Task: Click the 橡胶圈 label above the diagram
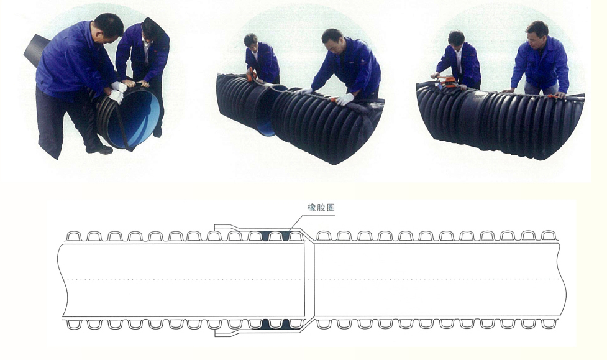tap(321, 208)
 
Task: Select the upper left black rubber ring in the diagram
tap(265, 236)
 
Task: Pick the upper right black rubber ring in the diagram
tap(286, 236)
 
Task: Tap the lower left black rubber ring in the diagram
tap(265, 323)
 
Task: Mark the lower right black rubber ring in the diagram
tap(286, 323)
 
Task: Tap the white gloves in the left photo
tap(117, 91)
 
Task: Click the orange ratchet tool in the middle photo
tap(252, 73)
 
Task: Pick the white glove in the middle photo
tap(345, 99)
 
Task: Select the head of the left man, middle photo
tap(251, 41)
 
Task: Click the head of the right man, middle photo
tap(332, 40)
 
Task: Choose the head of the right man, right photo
tap(537, 33)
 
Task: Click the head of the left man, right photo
tap(457, 39)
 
